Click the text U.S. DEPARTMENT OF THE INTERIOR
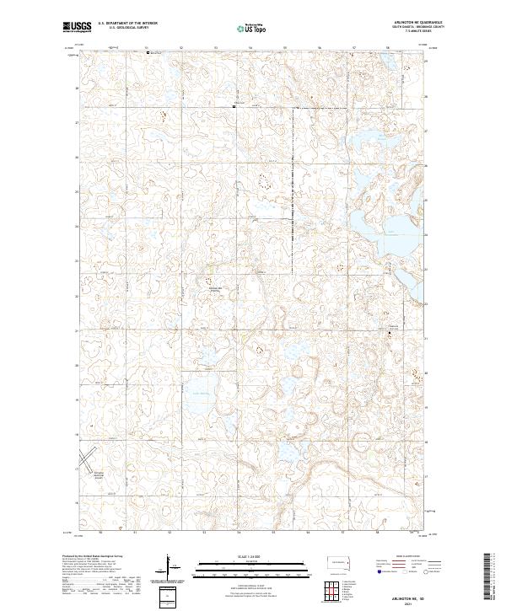tap(127, 24)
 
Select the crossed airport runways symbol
tap(87, 461)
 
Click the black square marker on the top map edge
tap(148, 52)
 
